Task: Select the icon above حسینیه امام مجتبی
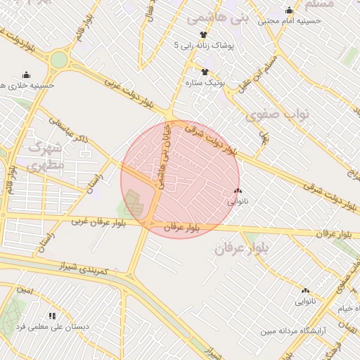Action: tap(290, 10)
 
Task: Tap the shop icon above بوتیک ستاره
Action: tap(205, 72)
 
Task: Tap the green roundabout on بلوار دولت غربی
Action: tap(59, 60)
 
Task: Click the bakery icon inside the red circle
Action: tap(237, 191)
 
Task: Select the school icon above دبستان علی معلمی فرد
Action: tap(51, 316)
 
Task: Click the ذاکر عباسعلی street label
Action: tap(70, 131)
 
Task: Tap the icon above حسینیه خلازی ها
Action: tap(27, 75)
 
